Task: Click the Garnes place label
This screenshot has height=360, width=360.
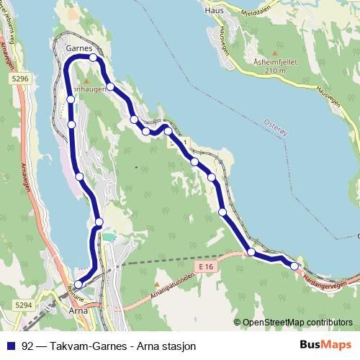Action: point(78,47)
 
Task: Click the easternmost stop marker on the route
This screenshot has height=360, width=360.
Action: point(294,266)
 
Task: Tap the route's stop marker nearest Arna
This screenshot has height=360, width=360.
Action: point(78,284)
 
